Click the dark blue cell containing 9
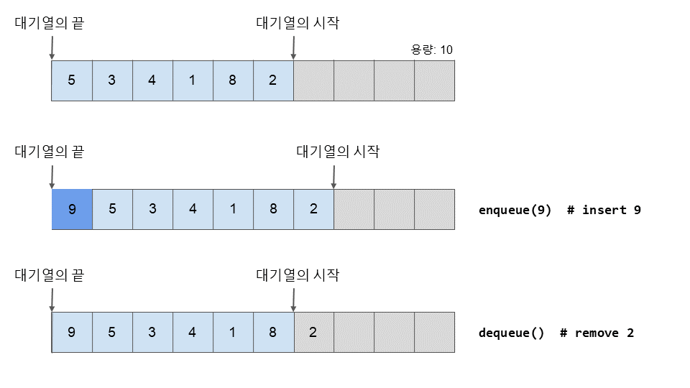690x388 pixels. point(72,210)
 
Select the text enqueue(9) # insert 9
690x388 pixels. point(559,211)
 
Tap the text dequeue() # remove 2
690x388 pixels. point(556,333)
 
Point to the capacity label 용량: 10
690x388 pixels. point(431,50)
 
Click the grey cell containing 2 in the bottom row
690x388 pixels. point(313,332)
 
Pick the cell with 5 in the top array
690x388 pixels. point(72,80)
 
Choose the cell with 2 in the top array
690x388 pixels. point(273,80)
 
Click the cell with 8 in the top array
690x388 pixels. point(233,80)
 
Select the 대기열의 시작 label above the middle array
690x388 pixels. point(338,152)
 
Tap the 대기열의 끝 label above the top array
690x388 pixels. point(50,23)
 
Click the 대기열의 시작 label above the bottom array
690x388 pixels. point(298,275)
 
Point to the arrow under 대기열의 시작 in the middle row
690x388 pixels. point(333,176)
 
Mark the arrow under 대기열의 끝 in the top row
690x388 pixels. point(52,47)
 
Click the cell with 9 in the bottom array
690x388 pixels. point(72,332)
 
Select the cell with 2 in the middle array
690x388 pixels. point(313,210)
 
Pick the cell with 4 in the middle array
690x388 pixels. point(193,210)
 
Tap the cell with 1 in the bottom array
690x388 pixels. point(233,332)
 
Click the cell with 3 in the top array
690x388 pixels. point(112,80)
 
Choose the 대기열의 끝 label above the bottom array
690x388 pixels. point(50,275)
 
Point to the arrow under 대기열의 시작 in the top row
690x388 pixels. point(293,47)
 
